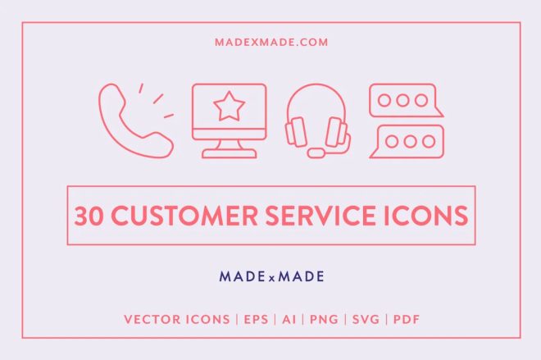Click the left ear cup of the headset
tap(296, 131)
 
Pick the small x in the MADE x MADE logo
tap(270, 277)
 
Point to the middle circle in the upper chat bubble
tap(401, 100)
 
